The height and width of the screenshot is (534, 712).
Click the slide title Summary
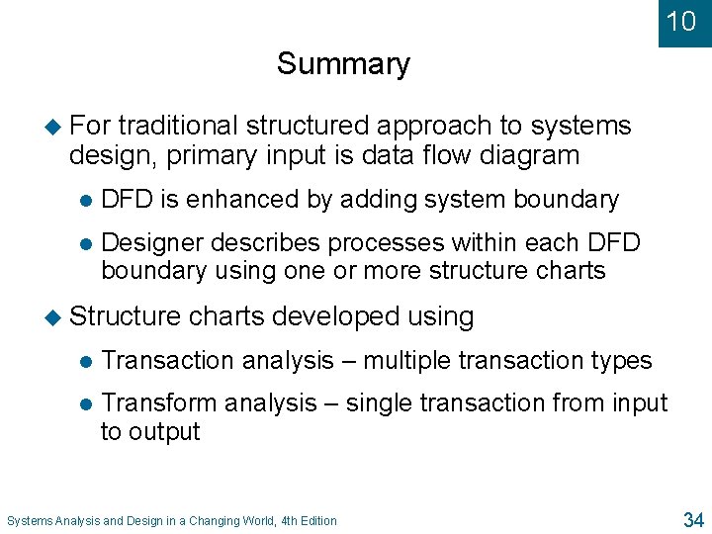(x=343, y=64)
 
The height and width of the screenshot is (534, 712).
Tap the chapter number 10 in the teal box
(x=681, y=22)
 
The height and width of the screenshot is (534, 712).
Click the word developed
(x=335, y=316)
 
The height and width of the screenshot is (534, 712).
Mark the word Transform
(x=159, y=403)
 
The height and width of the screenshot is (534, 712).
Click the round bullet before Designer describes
(x=84, y=243)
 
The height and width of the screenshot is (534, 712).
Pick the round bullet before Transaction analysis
(x=84, y=362)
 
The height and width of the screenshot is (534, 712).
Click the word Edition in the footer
(x=316, y=521)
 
